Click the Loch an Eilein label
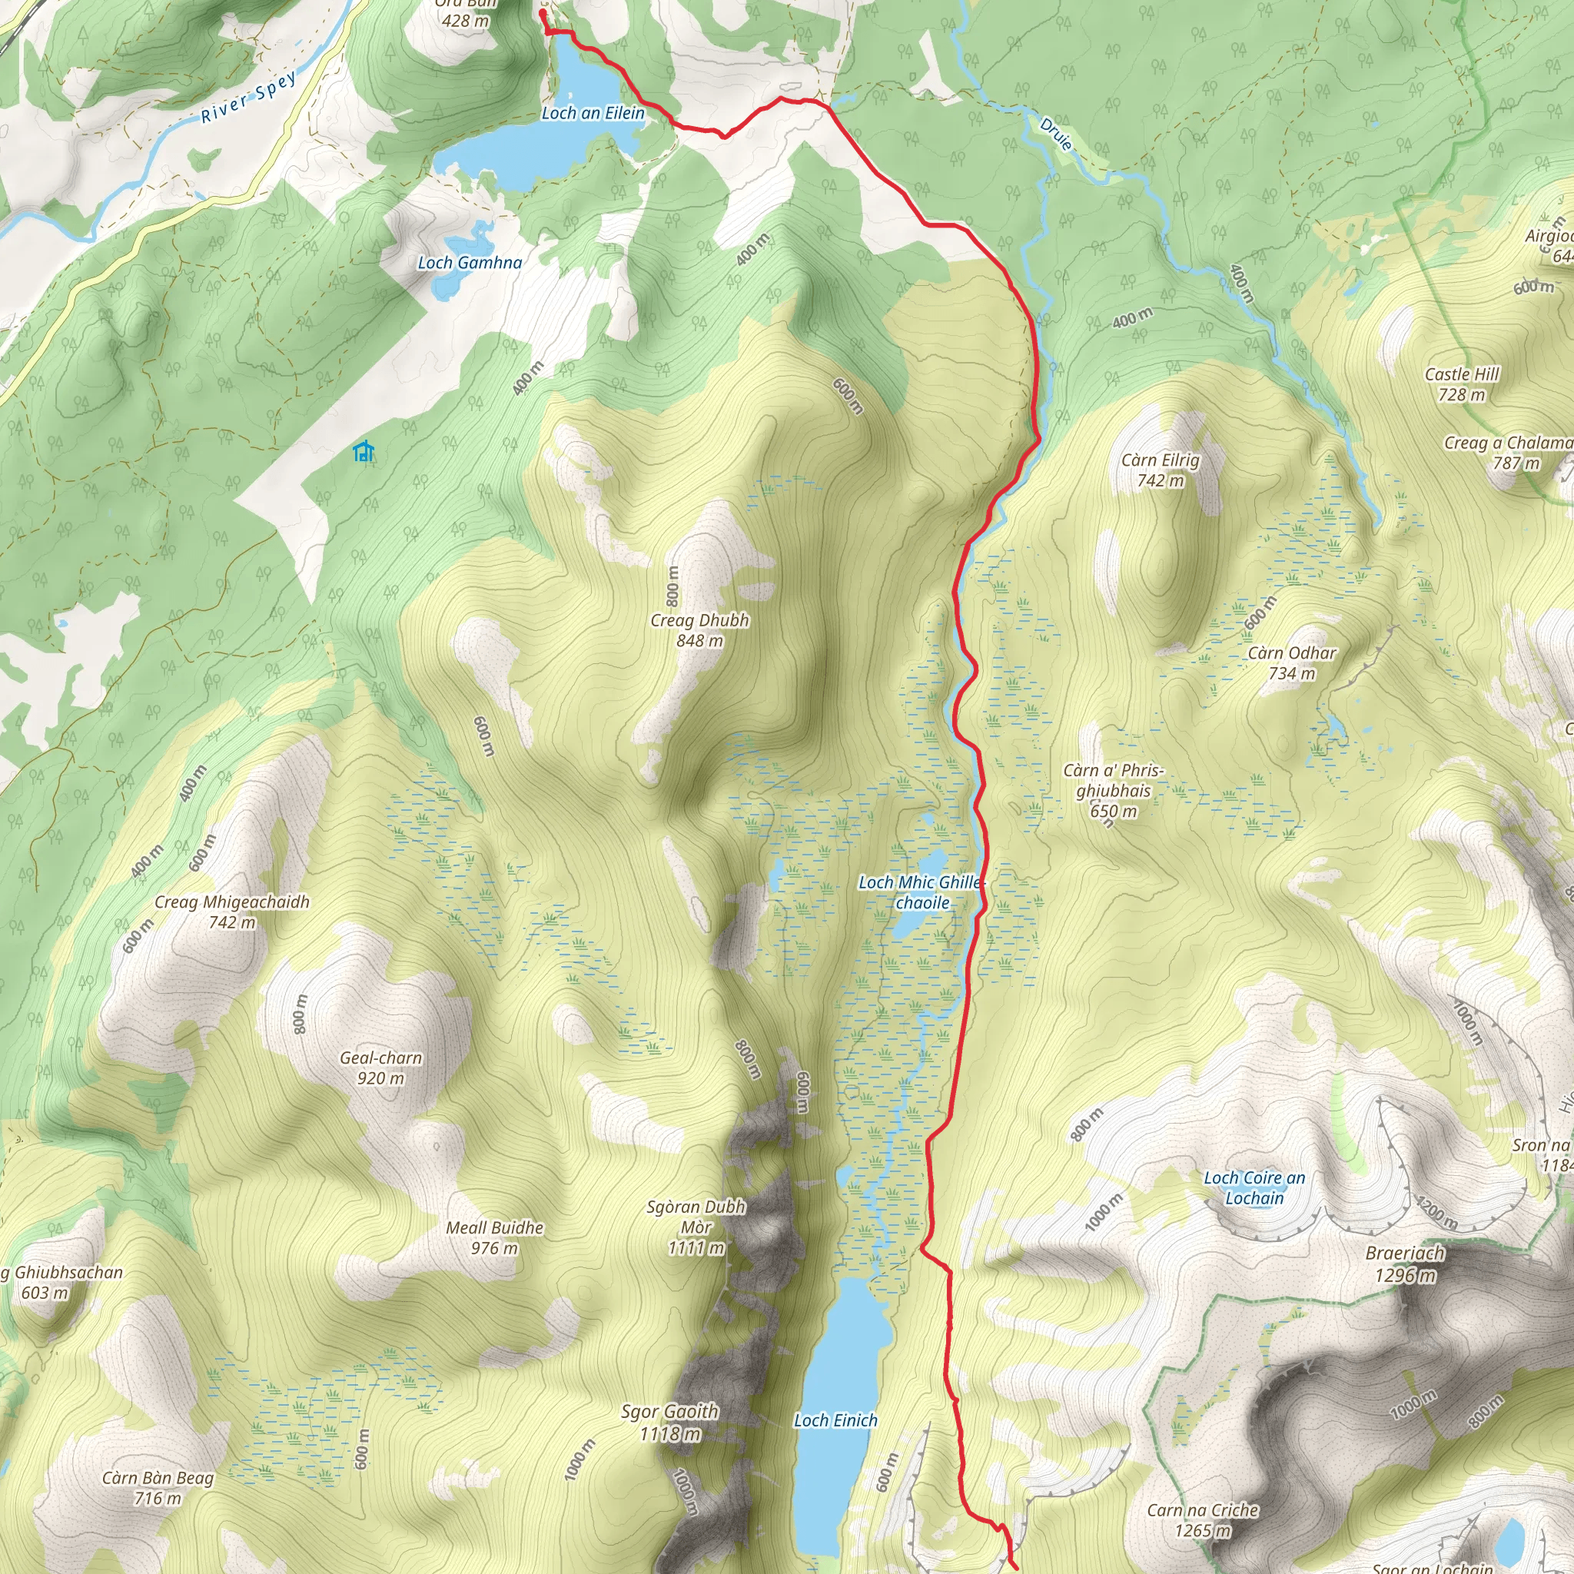593,113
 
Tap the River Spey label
248,98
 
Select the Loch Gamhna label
470,262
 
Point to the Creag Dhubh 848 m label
700,629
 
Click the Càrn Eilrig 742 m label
1160,470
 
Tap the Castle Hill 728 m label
1462,384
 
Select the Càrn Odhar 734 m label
1292,662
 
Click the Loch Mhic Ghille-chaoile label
921,892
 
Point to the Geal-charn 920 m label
380,1068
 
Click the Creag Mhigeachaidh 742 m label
232,912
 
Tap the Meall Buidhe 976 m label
494,1237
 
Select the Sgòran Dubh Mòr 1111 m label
696,1227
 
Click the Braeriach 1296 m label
1406,1264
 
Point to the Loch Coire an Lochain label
1254,1188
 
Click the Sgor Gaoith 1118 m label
669,1422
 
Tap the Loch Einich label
836,1420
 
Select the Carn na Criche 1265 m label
1203,1520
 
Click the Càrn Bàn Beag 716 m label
158,1488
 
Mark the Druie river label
1056,134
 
